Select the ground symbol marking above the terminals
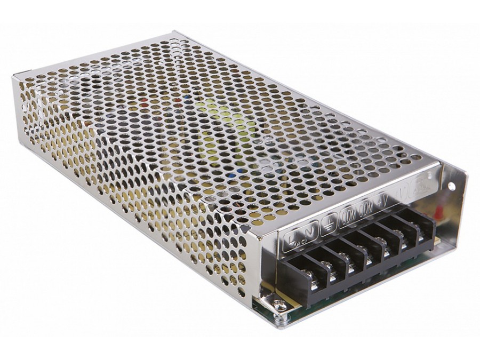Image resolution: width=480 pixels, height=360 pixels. (329, 225)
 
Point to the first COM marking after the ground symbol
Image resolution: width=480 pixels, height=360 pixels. (349, 215)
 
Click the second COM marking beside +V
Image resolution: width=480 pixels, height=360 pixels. (366, 209)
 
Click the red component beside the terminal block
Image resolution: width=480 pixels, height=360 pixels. (438, 212)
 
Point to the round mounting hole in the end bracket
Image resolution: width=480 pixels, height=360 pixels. (452, 186)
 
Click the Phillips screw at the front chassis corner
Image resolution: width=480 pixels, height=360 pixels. (278, 305)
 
